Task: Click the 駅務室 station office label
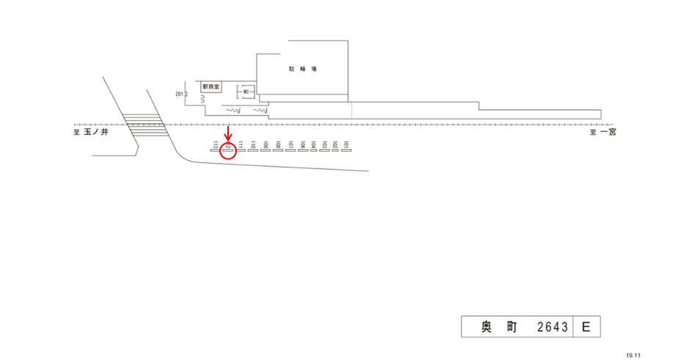tap(212, 86)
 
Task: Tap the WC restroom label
tap(247, 92)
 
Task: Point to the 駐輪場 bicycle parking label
tap(302, 69)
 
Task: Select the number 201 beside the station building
tap(180, 95)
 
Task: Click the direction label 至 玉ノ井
tap(91, 133)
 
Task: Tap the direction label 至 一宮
tap(604, 133)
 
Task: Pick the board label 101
tap(345, 144)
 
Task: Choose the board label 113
tap(215, 144)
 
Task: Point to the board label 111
tap(241, 144)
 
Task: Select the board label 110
tap(253, 144)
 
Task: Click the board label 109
tap(265, 144)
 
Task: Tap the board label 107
tap(290, 144)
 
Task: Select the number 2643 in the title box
tap(552, 327)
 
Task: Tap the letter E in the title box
tap(586, 327)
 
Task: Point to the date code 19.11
tap(633, 354)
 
